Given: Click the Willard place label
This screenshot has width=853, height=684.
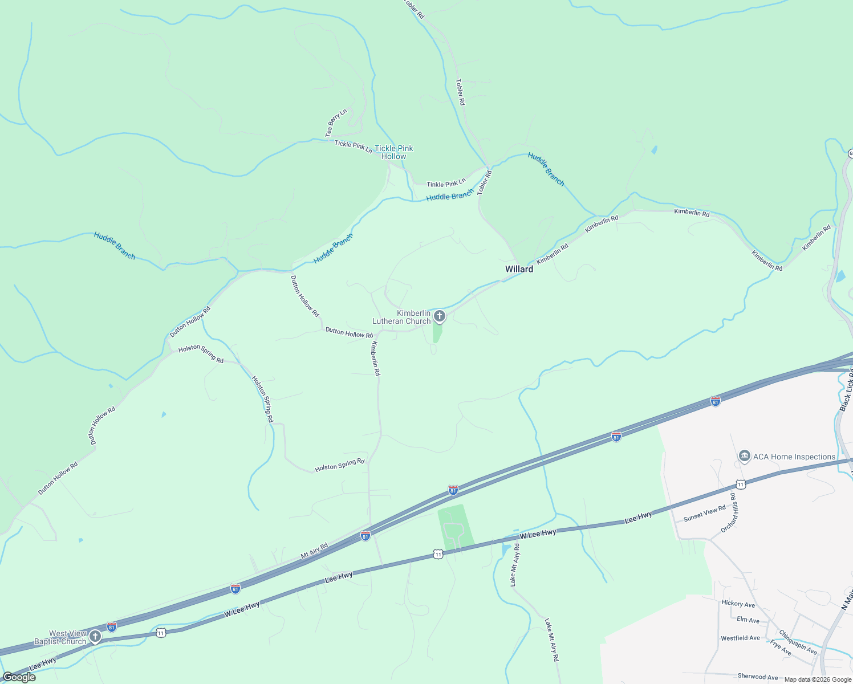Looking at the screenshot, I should click(x=519, y=269).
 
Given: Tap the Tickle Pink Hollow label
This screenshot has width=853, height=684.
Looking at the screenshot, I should click(x=393, y=152).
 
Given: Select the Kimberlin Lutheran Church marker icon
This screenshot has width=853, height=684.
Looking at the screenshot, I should click(x=439, y=316).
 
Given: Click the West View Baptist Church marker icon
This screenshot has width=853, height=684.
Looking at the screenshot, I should click(x=95, y=636).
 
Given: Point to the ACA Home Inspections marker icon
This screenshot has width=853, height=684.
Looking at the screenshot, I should click(x=744, y=456).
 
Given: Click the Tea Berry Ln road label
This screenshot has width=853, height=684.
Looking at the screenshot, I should click(x=336, y=123).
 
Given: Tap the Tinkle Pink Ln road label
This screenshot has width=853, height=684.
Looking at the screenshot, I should click(x=446, y=184).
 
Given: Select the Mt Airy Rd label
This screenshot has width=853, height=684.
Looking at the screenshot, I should click(x=314, y=551).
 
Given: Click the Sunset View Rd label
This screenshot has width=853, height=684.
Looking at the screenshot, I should click(x=704, y=513).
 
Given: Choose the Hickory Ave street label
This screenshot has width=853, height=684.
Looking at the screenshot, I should click(x=738, y=604).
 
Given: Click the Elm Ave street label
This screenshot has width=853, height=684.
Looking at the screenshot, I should click(x=748, y=620).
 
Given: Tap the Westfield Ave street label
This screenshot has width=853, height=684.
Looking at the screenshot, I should click(x=740, y=638).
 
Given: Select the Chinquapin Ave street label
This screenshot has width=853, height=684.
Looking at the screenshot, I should click(x=798, y=642).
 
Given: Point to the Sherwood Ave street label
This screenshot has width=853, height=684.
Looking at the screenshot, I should click(x=757, y=677).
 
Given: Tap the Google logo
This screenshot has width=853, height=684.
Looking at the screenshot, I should click(x=19, y=677).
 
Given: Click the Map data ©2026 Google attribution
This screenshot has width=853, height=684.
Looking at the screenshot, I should click(x=817, y=679).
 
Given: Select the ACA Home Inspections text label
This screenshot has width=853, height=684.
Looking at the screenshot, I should click(x=794, y=457).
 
